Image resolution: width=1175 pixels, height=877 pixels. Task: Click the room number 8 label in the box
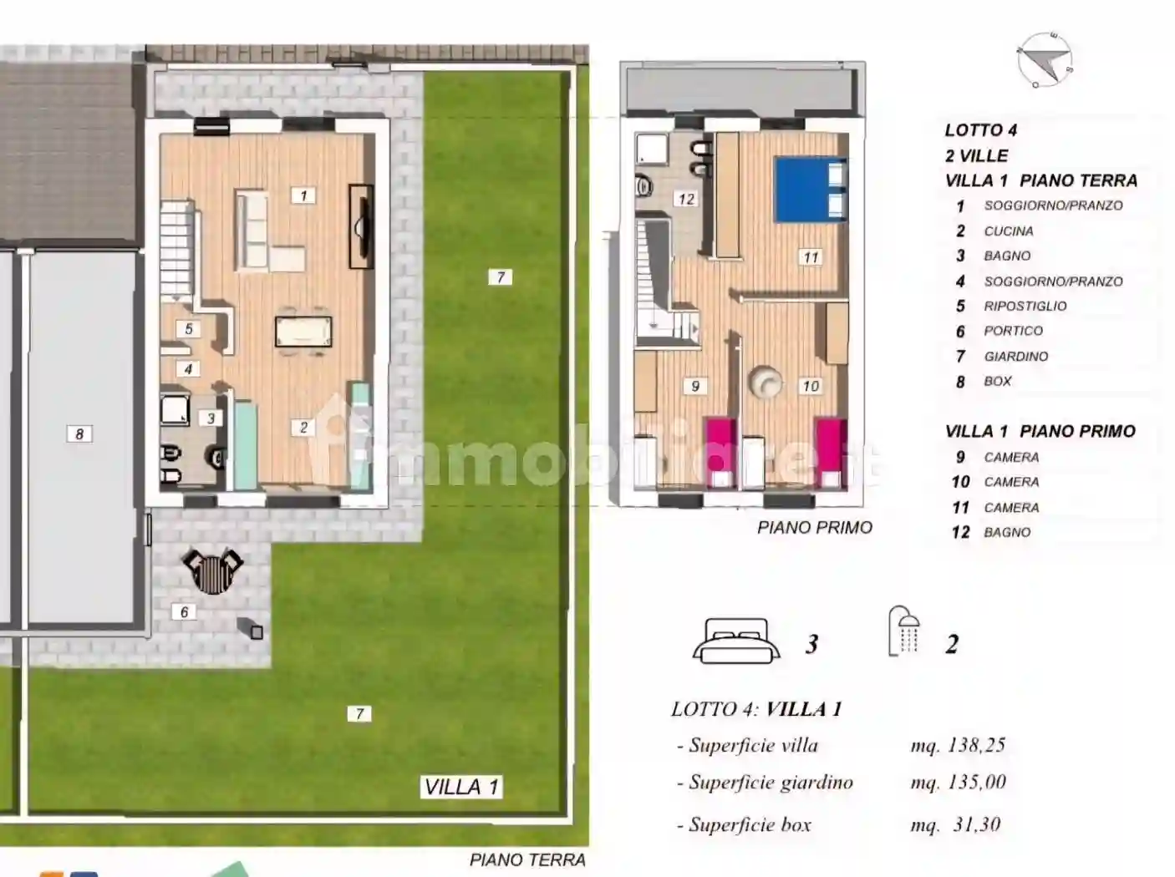coord(79,433)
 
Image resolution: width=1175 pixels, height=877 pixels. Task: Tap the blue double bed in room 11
coord(810,190)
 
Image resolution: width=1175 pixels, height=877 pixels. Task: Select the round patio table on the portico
coord(212,571)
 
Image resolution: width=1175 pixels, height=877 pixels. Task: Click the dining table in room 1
coord(303,331)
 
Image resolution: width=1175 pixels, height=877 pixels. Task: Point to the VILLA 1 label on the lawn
coord(460,787)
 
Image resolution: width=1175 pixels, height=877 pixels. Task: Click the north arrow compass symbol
coord(1045,60)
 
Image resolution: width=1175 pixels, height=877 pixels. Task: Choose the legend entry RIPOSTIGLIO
coord(1025,306)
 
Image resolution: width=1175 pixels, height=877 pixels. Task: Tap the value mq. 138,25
coord(958,745)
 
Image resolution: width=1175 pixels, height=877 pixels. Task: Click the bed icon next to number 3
coord(736,641)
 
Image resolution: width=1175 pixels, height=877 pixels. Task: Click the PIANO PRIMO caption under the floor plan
coord(814,527)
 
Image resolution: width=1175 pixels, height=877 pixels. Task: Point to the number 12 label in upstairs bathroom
coord(686,199)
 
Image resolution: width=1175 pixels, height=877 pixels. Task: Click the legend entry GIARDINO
coord(1015,356)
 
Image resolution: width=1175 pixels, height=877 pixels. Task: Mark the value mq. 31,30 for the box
coord(955,824)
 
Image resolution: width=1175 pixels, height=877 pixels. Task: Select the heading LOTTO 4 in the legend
coord(980,129)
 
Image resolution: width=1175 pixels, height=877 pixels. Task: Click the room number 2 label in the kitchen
coord(303,428)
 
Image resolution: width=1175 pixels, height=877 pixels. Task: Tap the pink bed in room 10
coord(831,451)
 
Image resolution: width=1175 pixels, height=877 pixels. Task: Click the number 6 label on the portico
coord(185,612)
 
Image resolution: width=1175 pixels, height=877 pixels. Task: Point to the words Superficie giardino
coord(770,783)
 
